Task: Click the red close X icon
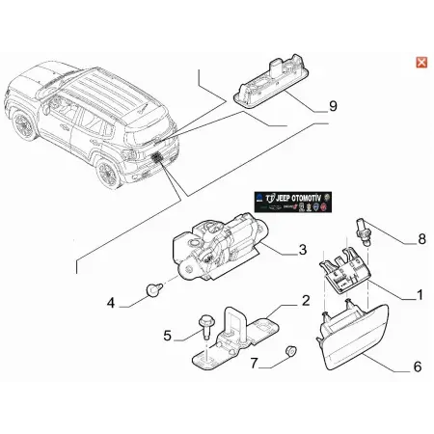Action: (420, 63)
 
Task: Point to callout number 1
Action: (419, 294)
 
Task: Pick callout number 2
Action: (306, 302)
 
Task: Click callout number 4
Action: (112, 302)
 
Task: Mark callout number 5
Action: (167, 337)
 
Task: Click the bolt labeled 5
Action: (205, 329)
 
